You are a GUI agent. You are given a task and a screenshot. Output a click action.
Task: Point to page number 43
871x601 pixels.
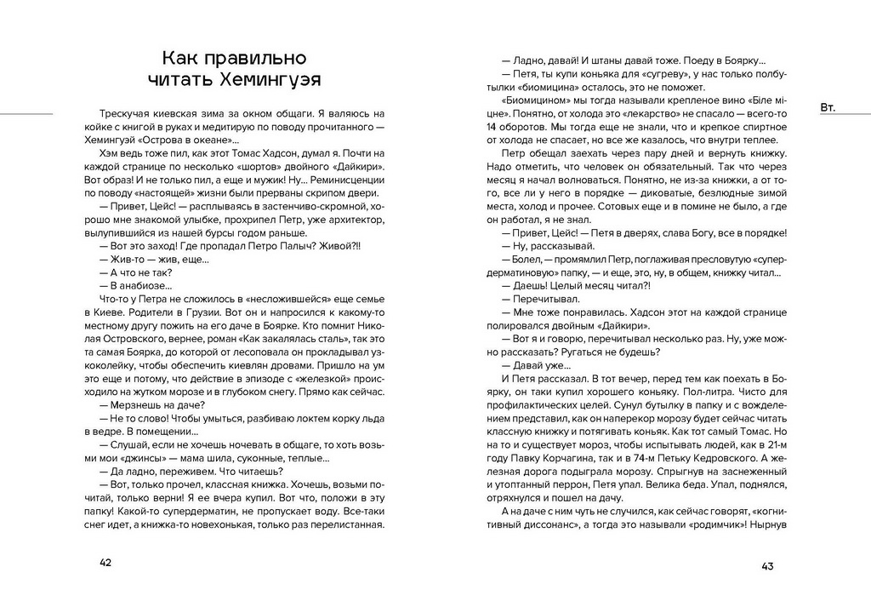tap(766, 567)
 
